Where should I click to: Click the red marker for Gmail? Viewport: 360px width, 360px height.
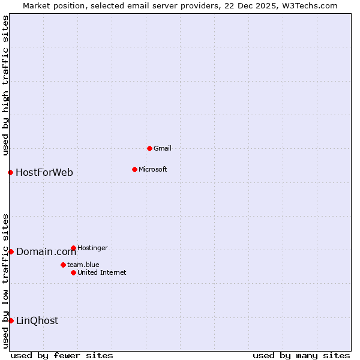(x=149, y=148)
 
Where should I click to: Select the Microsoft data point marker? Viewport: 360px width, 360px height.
(x=134, y=169)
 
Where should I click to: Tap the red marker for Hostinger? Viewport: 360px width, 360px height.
(x=73, y=248)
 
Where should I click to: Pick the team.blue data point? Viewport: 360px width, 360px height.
(x=63, y=265)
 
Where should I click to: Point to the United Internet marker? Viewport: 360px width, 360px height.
(x=73, y=272)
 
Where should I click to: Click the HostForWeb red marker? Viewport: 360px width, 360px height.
(x=10, y=173)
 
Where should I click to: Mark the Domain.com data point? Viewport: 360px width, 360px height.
(x=11, y=251)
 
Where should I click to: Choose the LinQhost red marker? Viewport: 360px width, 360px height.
(x=11, y=320)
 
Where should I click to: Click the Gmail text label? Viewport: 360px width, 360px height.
(x=163, y=148)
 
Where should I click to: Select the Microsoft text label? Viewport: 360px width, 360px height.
(x=152, y=169)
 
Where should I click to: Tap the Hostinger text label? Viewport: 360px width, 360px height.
(x=92, y=248)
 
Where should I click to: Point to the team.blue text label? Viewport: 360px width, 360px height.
(x=83, y=265)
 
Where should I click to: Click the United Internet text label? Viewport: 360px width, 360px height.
(x=101, y=272)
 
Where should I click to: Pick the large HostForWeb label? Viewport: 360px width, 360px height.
(x=44, y=173)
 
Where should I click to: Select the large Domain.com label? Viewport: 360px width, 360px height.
(x=46, y=251)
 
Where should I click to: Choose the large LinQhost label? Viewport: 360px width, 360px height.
(x=37, y=320)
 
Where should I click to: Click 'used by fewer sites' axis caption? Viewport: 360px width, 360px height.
(x=62, y=355)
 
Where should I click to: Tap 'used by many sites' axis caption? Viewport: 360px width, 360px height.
(x=301, y=355)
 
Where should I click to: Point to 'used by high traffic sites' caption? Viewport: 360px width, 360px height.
(x=5, y=85)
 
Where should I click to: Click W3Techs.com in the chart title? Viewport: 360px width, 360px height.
(x=310, y=5)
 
